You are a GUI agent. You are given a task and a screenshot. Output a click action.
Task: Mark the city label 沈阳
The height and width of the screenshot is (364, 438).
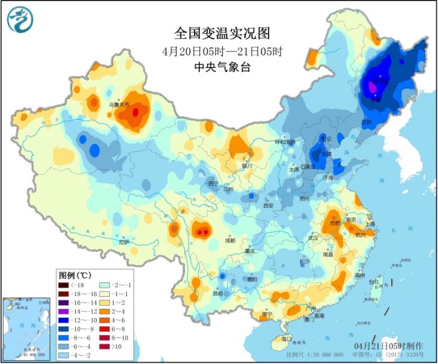pos(366,121)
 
